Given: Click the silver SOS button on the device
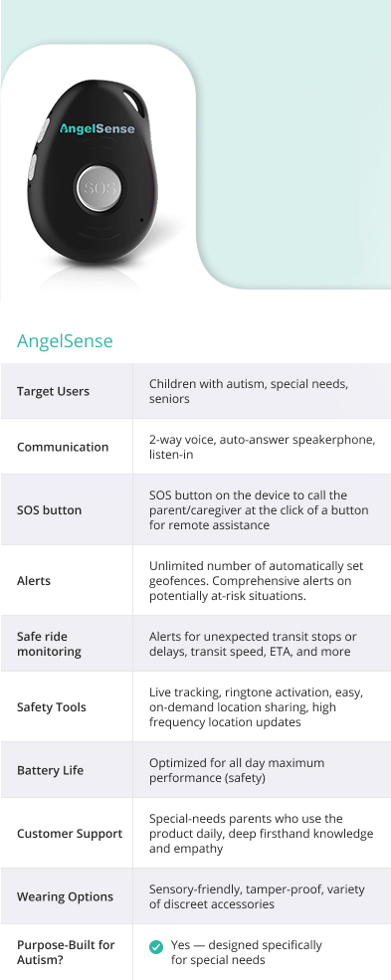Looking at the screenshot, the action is click(x=99, y=188).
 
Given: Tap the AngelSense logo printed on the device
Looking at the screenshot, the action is click(x=97, y=128).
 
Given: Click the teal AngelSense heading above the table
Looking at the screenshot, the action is click(x=65, y=341).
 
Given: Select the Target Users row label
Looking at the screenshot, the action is click(x=53, y=391).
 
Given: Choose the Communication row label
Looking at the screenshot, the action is click(x=63, y=447).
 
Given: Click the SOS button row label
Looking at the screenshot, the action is click(x=50, y=510).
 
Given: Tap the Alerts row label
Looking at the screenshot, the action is click(x=34, y=581).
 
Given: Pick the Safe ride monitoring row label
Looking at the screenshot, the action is click(x=49, y=644).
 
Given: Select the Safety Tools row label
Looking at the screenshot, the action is click(x=51, y=707).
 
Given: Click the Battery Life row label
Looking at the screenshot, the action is click(x=50, y=770).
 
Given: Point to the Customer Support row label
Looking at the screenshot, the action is click(x=70, y=834).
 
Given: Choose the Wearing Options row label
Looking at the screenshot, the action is click(x=65, y=896).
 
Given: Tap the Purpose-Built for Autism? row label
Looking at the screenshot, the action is click(x=66, y=952).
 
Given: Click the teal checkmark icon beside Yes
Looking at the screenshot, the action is click(x=156, y=947).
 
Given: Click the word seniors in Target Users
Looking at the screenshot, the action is click(x=169, y=399).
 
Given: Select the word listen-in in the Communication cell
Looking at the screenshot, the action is click(x=170, y=455).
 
